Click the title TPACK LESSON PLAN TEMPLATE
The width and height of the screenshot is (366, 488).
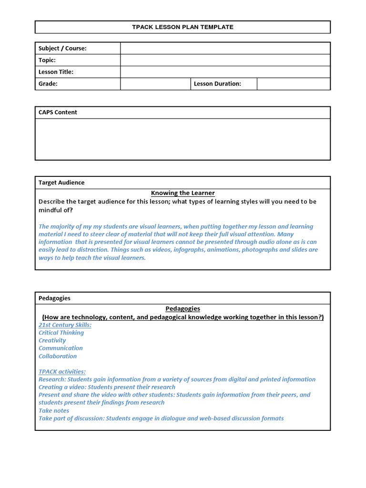tap(183, 27)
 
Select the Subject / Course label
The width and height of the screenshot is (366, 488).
tap(62, 48)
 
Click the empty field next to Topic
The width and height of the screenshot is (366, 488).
tap(225, 60)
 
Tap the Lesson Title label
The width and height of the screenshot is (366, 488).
tap(56, 72)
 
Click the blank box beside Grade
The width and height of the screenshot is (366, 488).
tap(155, 84)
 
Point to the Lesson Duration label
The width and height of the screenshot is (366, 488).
tap(217, 84)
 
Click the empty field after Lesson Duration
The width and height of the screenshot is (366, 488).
tap(293, 84)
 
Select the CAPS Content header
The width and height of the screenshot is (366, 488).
tap(58, 112)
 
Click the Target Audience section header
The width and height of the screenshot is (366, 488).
tap(61, 183)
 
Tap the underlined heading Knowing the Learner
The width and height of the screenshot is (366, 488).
tap(183, 193)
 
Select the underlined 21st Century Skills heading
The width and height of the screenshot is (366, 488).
tap(65, 325)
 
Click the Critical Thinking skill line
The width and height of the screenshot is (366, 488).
tap(61, 333)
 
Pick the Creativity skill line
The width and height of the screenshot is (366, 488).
tap(52, 341)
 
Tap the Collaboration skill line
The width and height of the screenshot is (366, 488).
tap(58, 356)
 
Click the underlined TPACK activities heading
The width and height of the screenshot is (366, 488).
tap(62, 372)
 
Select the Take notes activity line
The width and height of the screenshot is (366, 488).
tap(54, 410)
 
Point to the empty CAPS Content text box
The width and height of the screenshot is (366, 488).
tap(183, 139)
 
